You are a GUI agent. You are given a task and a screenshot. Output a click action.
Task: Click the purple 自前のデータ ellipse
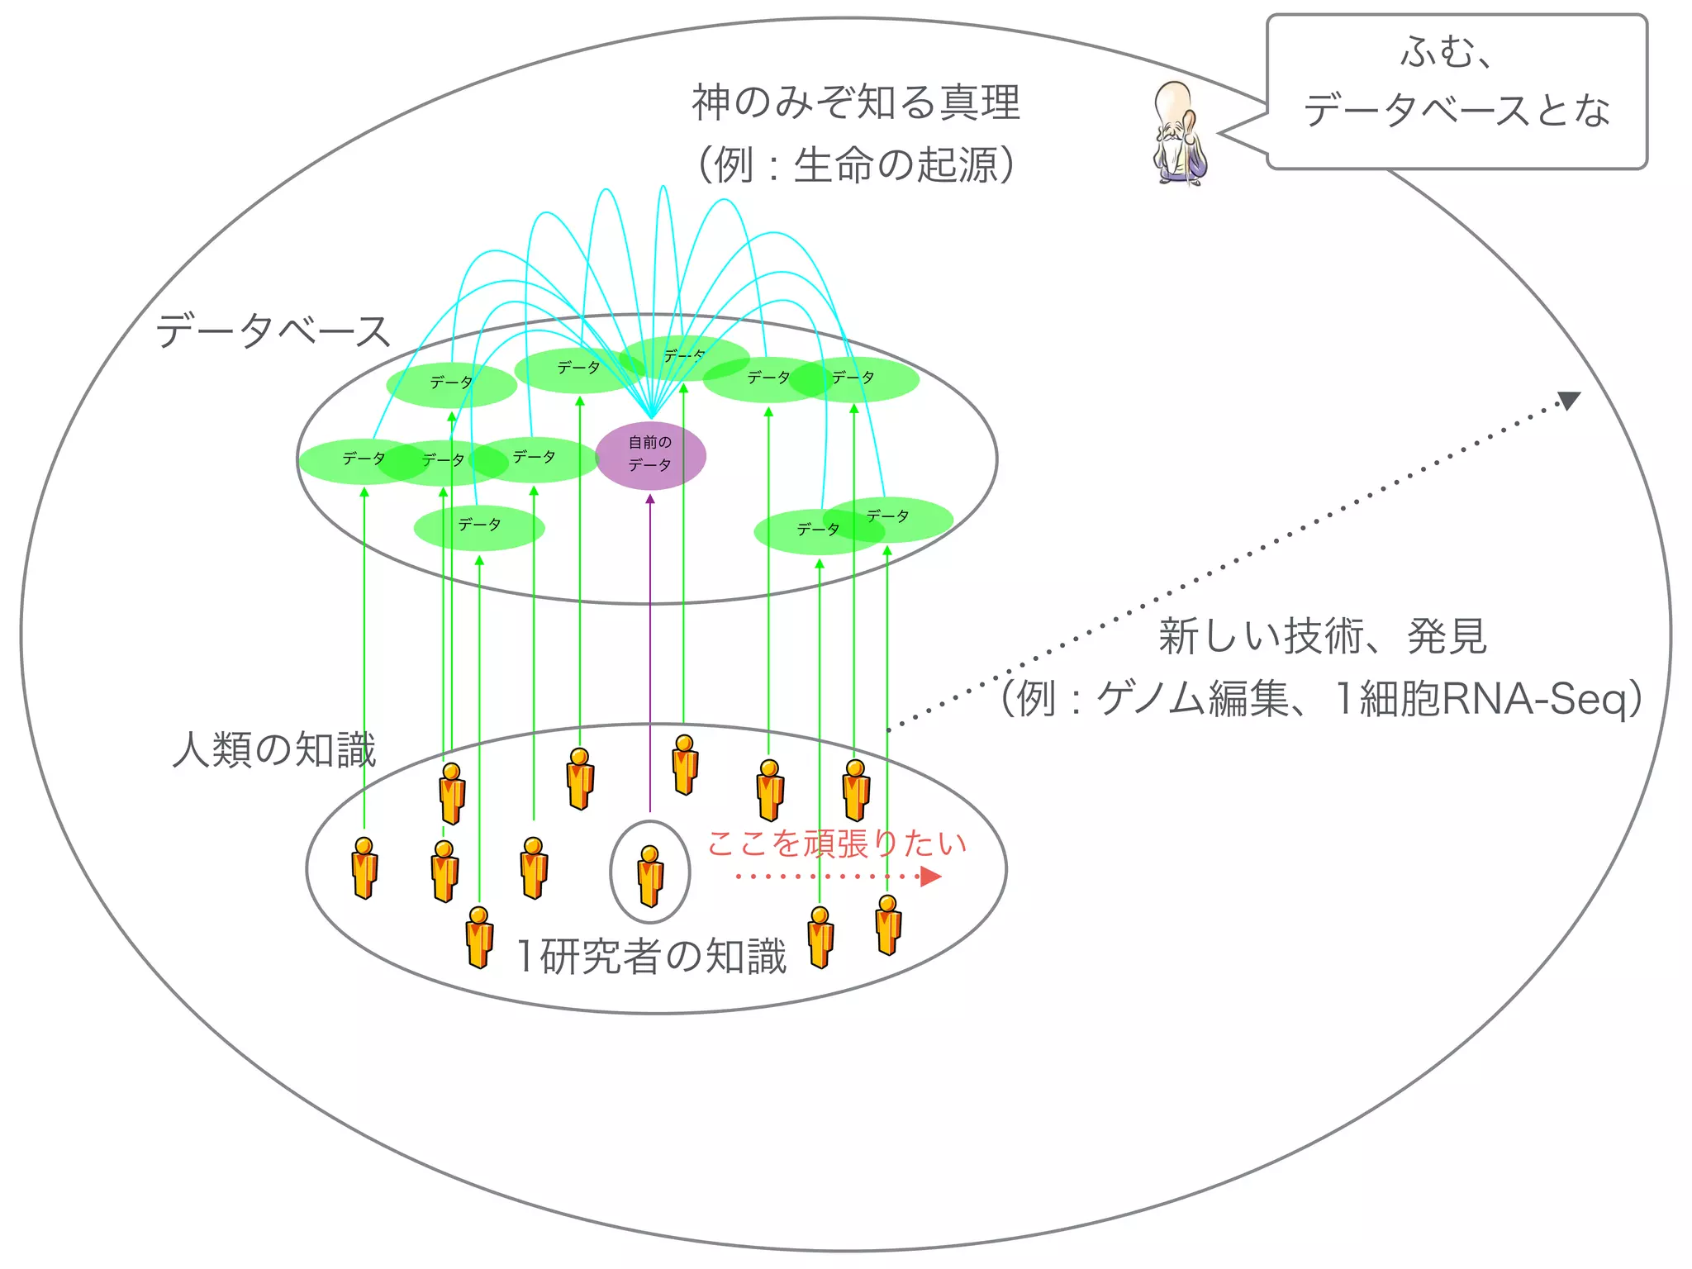click(650, 455)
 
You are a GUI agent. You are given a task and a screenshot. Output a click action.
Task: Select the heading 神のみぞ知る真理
click(856, 103)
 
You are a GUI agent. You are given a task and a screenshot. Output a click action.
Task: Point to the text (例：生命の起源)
click(856, 165)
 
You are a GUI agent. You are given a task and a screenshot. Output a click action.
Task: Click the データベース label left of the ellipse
click(273, 331)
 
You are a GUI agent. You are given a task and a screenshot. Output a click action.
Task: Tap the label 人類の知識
click(273, 750)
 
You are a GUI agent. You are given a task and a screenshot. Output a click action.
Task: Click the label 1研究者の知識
click(650, 956)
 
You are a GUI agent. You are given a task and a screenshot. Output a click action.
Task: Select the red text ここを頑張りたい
click(836, 844)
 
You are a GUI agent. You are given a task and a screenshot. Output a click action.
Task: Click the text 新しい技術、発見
click(1322, 636)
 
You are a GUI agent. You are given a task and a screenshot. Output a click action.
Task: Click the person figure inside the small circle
click(650, 875)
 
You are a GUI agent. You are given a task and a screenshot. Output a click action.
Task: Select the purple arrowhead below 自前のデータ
click(650, 499)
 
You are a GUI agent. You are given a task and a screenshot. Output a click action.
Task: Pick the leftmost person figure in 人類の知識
click(364, 867)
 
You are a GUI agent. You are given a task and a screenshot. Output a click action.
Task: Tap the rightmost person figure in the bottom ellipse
click(888, 924)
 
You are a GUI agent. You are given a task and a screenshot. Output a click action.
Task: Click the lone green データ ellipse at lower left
click(479, 527)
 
